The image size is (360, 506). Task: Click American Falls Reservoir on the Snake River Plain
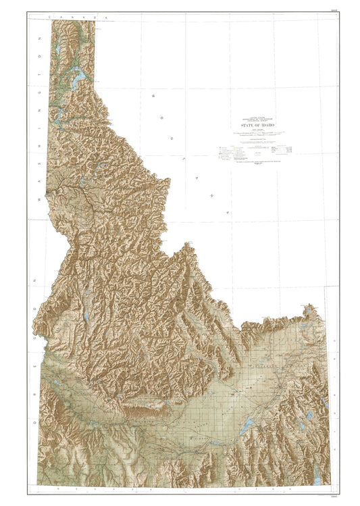(x=248, y=424)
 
